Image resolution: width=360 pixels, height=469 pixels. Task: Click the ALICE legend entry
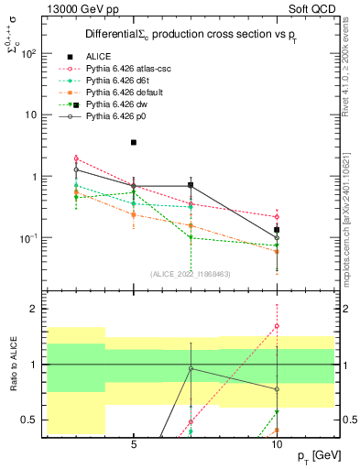click(102, 56)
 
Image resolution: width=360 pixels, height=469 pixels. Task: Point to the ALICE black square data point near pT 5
click(134, 142)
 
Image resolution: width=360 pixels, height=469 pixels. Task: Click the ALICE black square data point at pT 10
click(277, 230)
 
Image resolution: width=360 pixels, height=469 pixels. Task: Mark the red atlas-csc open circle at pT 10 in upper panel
click(277, 216)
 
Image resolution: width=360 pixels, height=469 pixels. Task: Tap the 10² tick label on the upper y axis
click(28, 53)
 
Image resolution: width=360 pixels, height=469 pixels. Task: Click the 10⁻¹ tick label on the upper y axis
click(28, 238)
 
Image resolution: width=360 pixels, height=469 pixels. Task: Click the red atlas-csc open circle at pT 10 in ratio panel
click(277, 326)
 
